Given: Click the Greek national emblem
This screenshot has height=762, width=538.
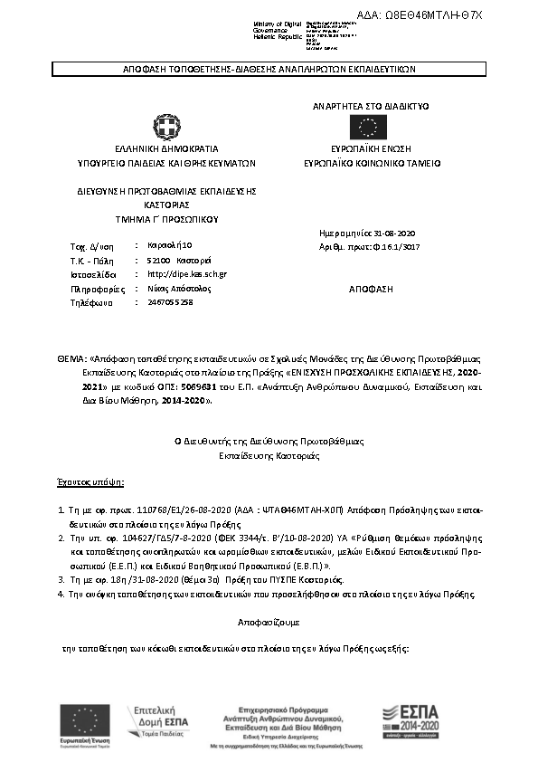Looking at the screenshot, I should pos(165,125).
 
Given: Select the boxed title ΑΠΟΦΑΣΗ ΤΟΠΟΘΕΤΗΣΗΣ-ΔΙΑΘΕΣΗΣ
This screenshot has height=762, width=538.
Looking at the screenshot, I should pos(269,69).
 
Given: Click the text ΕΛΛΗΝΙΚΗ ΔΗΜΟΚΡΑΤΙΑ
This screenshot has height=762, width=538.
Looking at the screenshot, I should pos(166,148).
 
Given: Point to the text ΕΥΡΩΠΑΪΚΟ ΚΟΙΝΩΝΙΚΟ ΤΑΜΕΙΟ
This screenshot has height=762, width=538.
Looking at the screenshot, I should pos(373,164).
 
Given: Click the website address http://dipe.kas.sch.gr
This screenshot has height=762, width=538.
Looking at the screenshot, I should pos(186,273).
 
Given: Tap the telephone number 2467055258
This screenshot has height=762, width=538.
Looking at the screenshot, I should pos(170,302).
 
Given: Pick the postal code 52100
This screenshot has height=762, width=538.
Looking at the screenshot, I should pos(158,260).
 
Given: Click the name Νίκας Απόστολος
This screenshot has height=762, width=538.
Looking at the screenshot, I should pos(178,288).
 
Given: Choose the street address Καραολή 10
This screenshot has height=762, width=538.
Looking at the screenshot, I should pos(169,245).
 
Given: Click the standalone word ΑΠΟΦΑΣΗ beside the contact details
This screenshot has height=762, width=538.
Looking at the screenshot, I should pos(371,289).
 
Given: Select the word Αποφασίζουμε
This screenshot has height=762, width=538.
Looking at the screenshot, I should pos(269,624).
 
